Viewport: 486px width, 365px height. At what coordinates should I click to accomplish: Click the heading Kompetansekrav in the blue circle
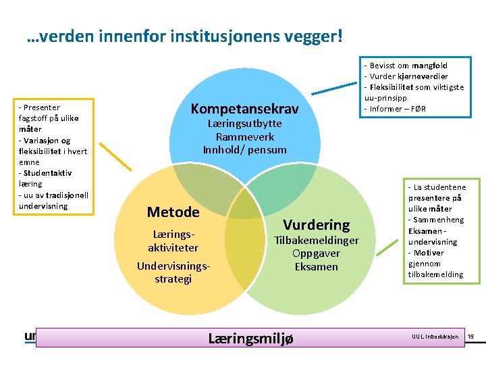(244, 109)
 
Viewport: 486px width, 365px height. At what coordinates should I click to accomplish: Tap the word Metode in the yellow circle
(173, 212)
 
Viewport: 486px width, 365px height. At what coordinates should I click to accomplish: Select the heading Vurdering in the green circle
(316, 225)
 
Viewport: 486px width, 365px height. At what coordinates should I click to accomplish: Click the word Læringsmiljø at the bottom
(250, 338)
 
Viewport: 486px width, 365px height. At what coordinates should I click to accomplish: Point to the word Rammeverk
(244, 137)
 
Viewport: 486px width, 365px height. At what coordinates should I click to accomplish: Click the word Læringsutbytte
(244, 124)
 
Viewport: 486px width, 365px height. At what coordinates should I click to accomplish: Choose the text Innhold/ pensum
(244, 149)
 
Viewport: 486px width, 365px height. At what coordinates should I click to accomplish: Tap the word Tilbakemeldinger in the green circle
(316, 240)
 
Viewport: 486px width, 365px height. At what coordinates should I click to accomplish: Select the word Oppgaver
(316, 253)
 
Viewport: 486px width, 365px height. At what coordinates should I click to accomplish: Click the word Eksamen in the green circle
(316, 266)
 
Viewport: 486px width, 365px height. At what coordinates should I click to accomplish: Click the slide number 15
(471, 337)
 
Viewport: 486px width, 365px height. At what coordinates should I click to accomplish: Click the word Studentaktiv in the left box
(39, 173)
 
